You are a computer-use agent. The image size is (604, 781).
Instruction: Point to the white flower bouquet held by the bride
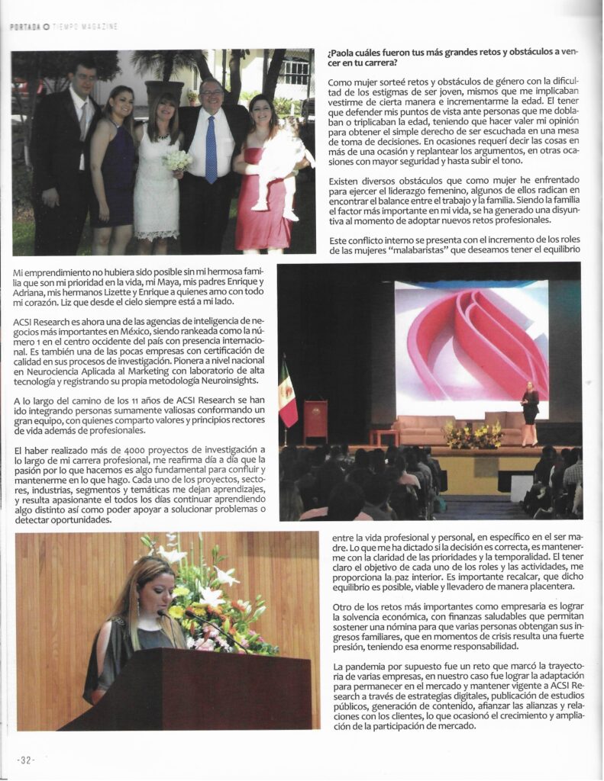pyautogui.click(x=177, y=159)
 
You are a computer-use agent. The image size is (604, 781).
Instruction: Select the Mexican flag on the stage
pyautogui.click(x=287, y=395)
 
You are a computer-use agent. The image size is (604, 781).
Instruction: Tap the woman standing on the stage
pyautogui.click(x=530, y=411)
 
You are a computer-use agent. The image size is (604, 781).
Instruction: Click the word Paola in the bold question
pyautogui.click(x=348, y=52)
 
